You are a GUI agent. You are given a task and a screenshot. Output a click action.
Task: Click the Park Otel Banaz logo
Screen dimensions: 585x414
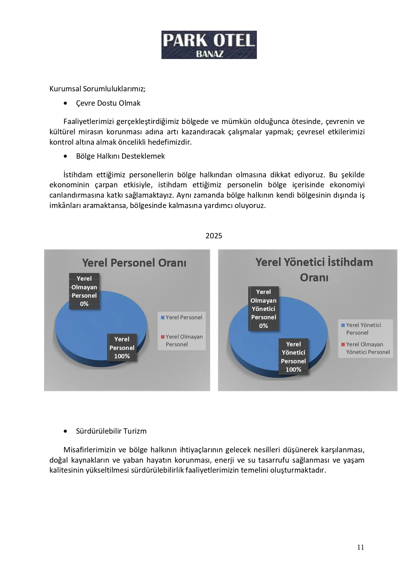209,45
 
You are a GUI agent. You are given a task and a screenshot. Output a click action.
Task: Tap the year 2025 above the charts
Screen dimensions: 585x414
214,236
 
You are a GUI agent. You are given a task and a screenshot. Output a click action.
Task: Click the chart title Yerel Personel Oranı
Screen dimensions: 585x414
134,263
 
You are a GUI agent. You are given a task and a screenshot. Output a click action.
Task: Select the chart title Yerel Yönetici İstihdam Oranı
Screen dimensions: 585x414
314,269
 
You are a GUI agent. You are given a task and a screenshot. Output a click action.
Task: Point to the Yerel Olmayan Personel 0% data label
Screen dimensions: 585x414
84,291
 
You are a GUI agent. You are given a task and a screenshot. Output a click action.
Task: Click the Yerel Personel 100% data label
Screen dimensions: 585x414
122,348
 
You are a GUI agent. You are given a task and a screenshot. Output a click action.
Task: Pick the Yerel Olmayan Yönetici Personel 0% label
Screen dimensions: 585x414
264,309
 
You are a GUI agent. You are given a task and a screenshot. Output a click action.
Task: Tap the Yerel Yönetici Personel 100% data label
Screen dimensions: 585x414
293,357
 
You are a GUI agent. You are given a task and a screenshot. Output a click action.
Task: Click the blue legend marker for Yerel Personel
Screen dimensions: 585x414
163,318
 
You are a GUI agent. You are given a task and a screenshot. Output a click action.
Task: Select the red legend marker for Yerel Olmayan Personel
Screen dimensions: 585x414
163,337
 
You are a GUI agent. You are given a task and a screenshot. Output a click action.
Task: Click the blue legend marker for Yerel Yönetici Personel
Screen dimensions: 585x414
343,325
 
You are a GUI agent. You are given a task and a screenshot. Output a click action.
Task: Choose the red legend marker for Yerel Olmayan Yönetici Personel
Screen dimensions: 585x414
343,344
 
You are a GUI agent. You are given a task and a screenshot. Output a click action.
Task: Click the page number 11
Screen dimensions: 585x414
361,547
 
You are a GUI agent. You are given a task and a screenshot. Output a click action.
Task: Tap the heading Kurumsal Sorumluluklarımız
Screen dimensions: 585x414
97,89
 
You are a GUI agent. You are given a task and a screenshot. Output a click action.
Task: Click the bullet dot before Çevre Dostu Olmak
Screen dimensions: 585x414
65,103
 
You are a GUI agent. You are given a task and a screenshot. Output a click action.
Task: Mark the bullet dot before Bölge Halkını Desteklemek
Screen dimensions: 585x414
65,156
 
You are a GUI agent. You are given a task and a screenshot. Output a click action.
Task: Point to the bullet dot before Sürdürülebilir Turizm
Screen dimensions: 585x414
65,431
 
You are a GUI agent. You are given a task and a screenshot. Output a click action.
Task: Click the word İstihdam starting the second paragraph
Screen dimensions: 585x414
78,175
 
